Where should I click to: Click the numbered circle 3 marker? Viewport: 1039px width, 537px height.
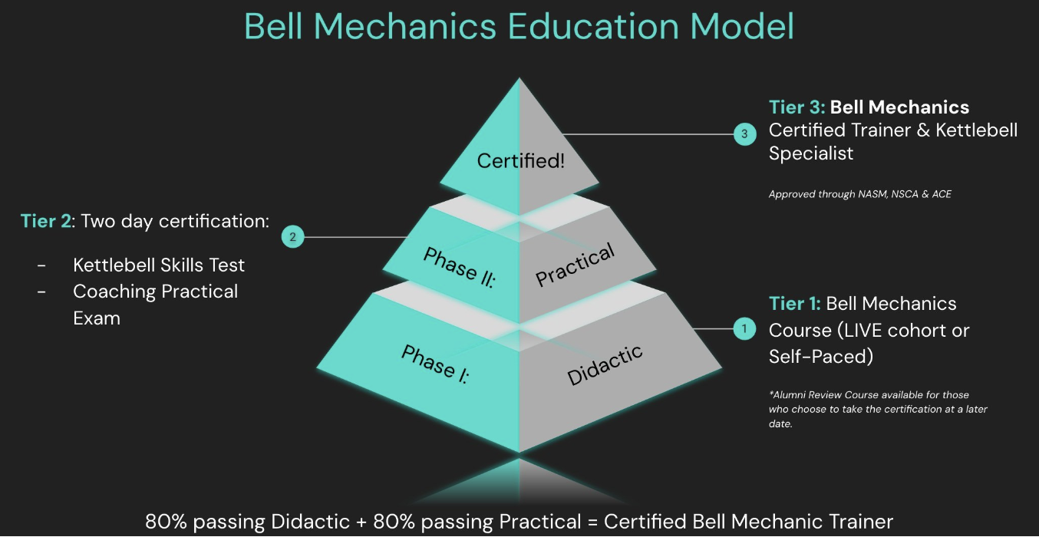pyautogui.click(x=744, y=134)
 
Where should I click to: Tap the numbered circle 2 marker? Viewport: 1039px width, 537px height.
pyautogui.click(x=292, y=237)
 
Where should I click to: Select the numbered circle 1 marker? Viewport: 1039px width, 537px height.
pyautogui.click(x=743, y=329)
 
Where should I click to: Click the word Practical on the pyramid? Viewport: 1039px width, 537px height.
pyautogui.click(x=575, y=265)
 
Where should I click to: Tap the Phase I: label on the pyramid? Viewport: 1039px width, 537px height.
pyautogui.click(x=435, y=364)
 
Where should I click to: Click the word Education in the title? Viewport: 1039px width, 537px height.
pyautogui.click(x=594, y=26)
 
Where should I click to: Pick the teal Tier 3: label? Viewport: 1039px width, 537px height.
pyautogui.click(x=797, y=107)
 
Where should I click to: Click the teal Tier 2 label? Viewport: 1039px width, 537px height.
pyautogui.click(x=45, y=222)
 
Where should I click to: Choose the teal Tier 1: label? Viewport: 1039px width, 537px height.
pyautogui.click(x=795, y=304)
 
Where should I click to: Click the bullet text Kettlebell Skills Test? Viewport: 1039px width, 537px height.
pyautogui.click(x=159, y=265)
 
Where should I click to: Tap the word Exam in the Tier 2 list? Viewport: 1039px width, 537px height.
pyautogui.click(x=97, y=318)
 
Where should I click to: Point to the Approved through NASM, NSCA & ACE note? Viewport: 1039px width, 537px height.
pyautogui.click(x=859, y=194)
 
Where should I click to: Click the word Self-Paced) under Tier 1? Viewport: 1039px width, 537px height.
pyautogui.click(x=821, y=357)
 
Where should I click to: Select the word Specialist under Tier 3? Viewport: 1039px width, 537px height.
pyautogui.click(x=811, y=153)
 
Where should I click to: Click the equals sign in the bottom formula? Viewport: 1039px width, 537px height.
pyautogui.click(x=592, y=522)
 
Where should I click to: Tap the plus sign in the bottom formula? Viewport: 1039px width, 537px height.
pyautogui.click(x=360, y=522)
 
